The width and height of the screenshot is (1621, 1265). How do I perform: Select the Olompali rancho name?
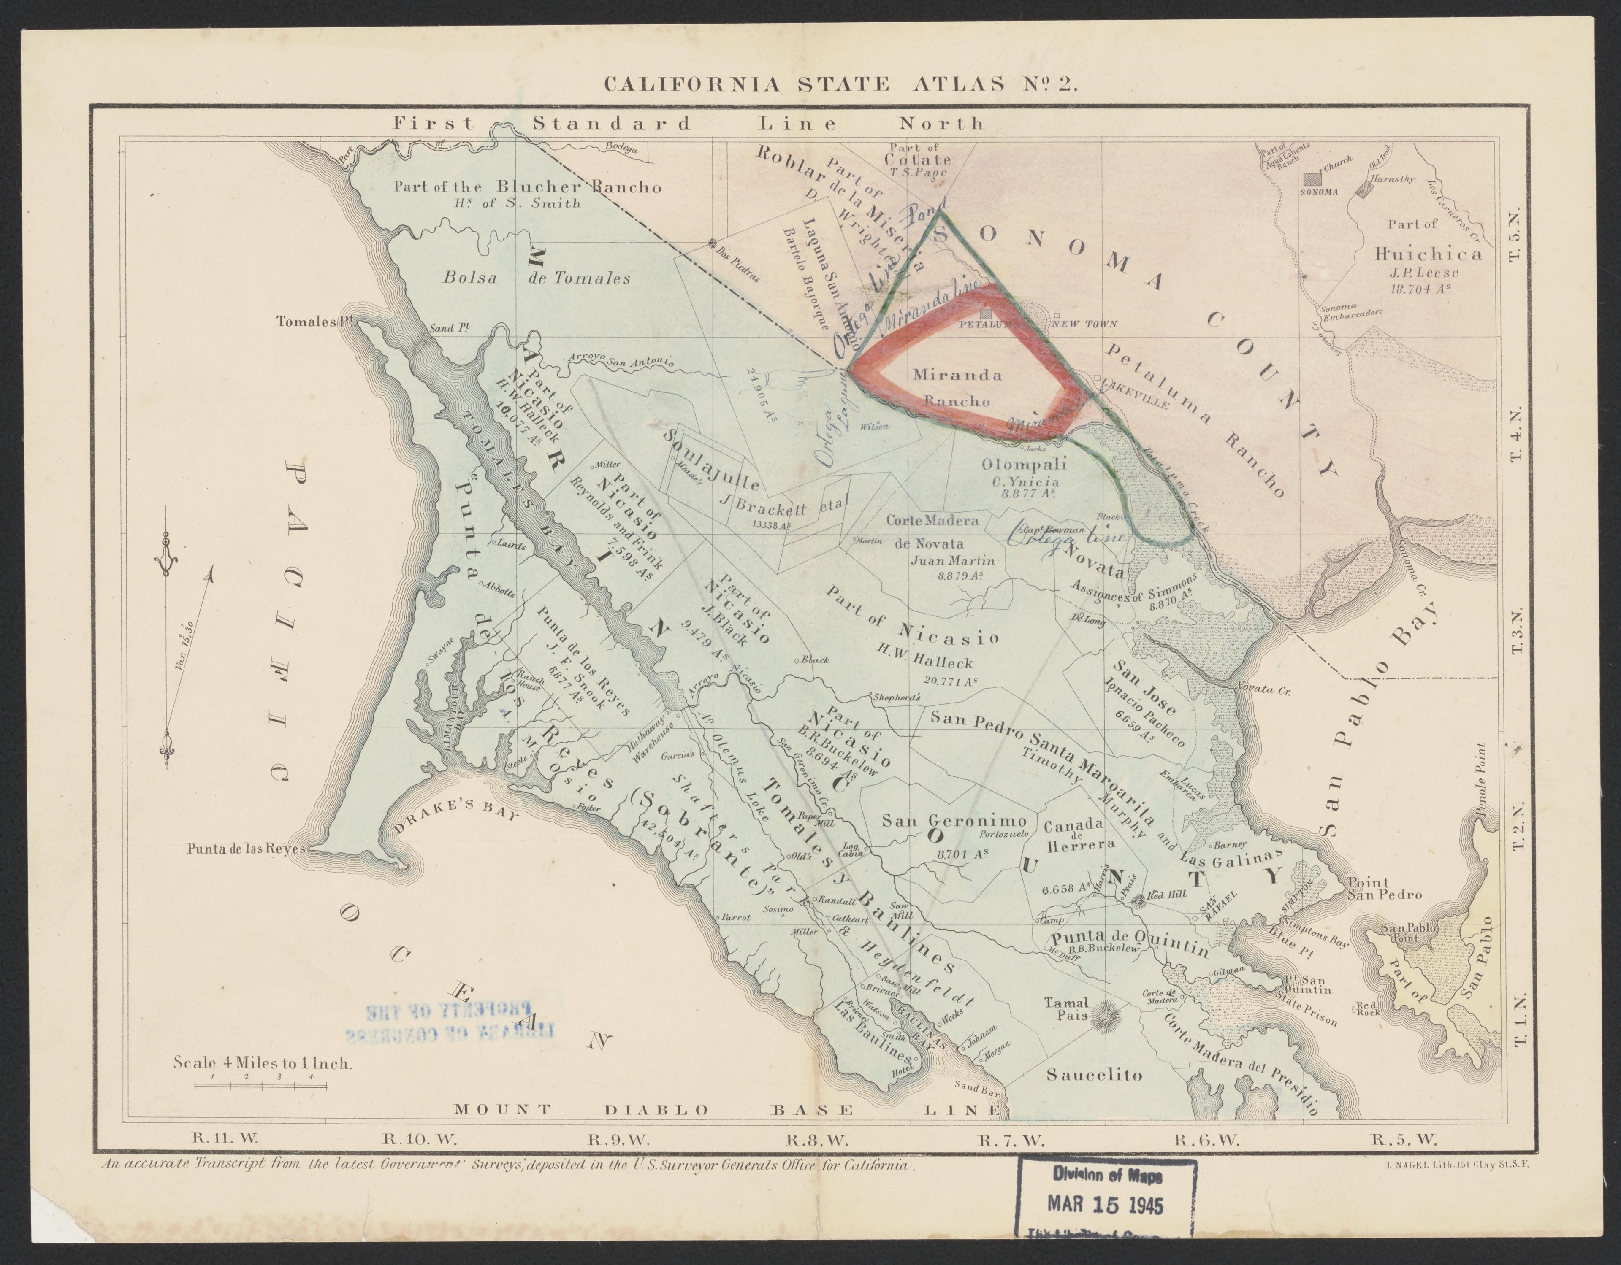pyautogui.click(x=1024, y=465)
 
